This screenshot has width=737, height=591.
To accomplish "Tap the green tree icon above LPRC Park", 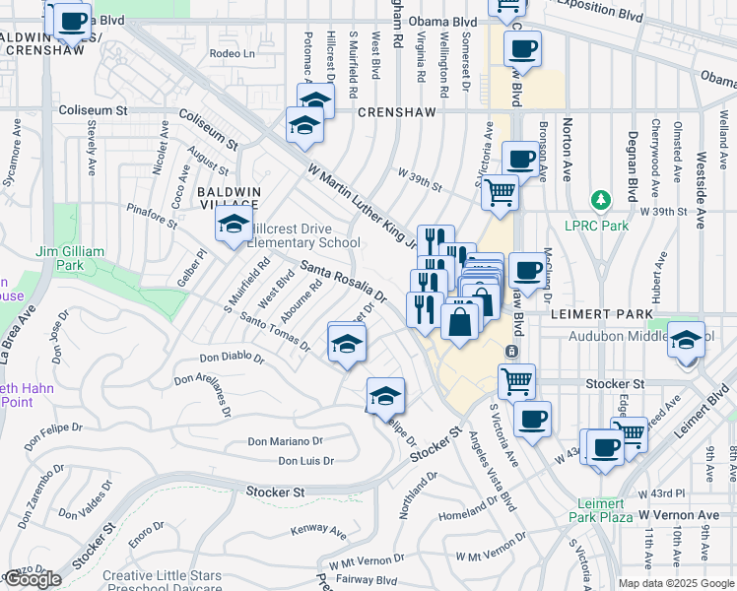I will tap(600, 201).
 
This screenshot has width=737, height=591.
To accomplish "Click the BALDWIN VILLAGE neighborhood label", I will tap(228, 198).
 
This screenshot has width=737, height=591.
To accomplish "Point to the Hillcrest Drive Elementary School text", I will tap(302, 235).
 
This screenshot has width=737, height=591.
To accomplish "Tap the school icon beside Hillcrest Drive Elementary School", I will tap(234, 226).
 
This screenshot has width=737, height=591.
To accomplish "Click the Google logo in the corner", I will tap(33, 579).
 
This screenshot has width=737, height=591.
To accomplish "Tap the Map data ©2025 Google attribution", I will tap(676, 583).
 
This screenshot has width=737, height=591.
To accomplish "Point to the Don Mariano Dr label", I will tap(285, 442).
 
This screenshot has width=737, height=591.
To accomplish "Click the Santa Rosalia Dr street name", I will tap(343, 279).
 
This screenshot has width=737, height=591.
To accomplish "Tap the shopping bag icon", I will tap(460, 320).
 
